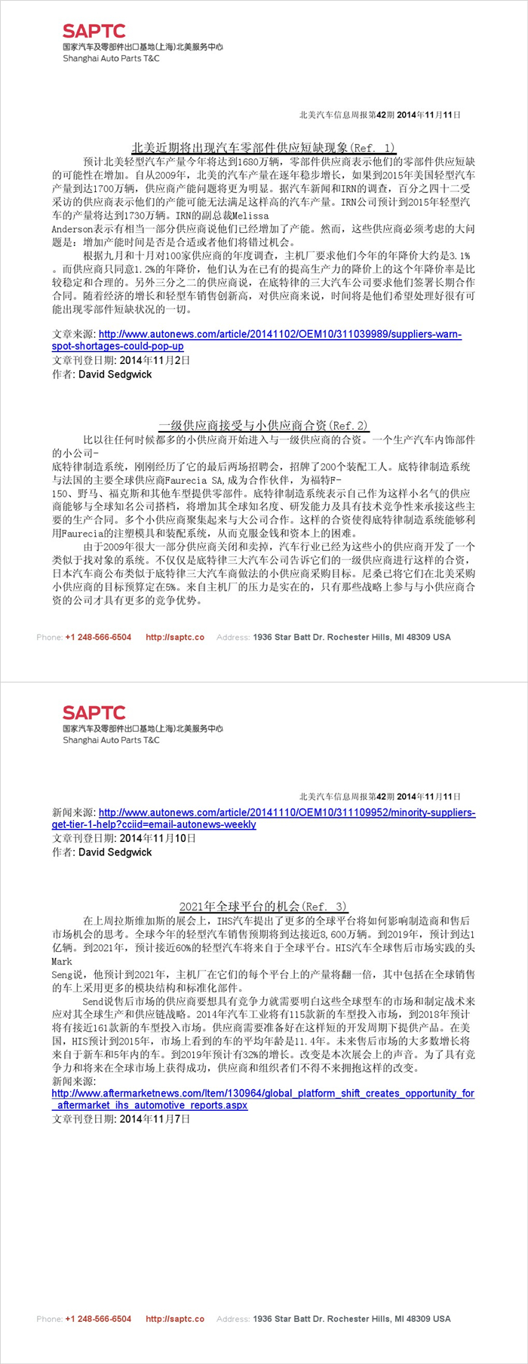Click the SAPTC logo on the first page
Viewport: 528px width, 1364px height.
tap(94, 31)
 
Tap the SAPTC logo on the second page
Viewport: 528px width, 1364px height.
tap(94, 712)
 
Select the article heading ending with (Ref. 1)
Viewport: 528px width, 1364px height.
tap(263, 148)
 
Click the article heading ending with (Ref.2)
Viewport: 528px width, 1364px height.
tap(263, 426)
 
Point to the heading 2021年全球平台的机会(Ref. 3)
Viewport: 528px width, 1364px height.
tap(263, 907)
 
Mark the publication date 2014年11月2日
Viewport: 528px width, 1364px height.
tap(155, 360)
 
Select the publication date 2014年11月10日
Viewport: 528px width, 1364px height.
tap(158, 838)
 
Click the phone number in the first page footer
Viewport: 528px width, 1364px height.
tap(98, 637)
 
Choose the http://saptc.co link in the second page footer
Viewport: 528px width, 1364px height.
tap(175, 1318)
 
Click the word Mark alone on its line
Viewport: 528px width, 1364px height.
tap(62, 962)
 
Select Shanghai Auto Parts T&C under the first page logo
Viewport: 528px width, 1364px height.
tap(111, 58)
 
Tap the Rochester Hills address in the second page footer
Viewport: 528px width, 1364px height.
tap(351, 1318)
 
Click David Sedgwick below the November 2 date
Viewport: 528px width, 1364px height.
tap(115, 374)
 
